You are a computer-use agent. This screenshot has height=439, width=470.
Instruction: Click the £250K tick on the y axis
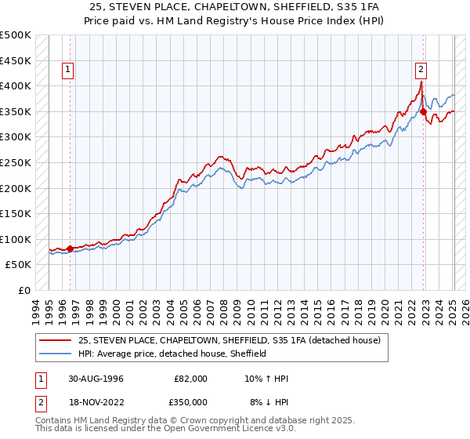[x=16, y=162]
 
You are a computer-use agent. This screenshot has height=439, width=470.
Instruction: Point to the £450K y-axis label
[x=16, y=60]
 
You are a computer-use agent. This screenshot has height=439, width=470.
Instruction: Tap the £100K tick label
[x=16, y=239]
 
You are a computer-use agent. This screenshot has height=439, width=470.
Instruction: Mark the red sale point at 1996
[x=70, y=249]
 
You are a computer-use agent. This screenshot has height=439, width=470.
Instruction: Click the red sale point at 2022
[x=423, y=111]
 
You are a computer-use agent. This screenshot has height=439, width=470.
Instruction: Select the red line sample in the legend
[x=56, y=340]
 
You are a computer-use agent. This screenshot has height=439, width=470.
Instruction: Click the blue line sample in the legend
[x=56, y=354]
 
